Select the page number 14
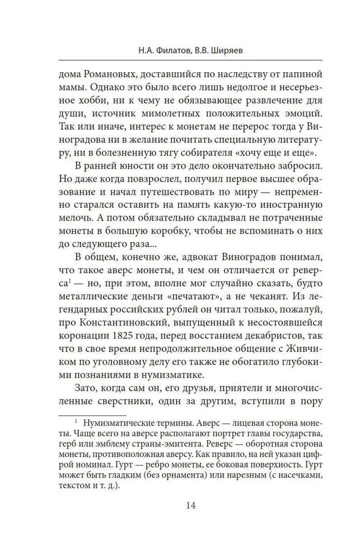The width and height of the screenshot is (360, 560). (190, 506)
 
